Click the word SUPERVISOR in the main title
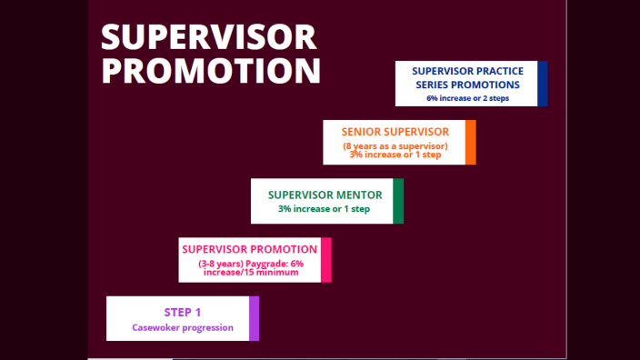coord(208,36)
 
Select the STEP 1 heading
coord(183,312)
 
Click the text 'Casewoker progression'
coord(183,327)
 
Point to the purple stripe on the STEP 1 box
coord(254,318)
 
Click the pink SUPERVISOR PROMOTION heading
coord(250,248)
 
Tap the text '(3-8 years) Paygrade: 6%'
coord(250,264)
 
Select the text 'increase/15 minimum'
coord(250,272)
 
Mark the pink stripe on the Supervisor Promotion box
coord(326,260)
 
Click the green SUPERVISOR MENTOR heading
coord(325,195)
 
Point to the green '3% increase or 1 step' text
coord(325,209)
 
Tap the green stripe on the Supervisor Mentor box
coord(398,201)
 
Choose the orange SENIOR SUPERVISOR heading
coord(395,131)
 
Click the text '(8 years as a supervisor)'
coord(395,146)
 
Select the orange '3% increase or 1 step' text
coord(395,155)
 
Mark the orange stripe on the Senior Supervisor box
coord(470,143)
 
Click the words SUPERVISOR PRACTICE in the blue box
coord(466,71)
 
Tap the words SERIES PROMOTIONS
coord(466,85)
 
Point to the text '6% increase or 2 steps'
coord(466,97)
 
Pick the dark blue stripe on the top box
coord(543,84)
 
